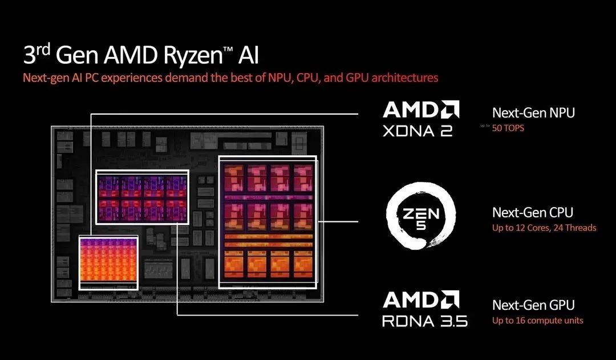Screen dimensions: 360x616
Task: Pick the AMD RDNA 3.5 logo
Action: coord(424,309)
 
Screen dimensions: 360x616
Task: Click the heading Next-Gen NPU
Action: coord(533,113)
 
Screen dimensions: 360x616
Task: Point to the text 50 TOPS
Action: coord(508,128)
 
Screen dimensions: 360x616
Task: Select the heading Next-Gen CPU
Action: coord(533,212)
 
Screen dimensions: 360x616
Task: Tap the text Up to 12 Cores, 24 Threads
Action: coord(544,228)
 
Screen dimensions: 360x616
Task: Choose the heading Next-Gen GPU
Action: coord(533,305)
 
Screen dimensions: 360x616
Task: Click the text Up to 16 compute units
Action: coord(537,321)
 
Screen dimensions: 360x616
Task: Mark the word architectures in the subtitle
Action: coord(405,78)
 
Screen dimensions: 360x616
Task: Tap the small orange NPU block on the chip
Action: coord(108,263)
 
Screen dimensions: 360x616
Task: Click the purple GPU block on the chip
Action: coord(142,197)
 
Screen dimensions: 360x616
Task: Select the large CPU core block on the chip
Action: coord(268,221)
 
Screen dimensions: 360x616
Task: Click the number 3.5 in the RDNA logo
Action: coord(452,321)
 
